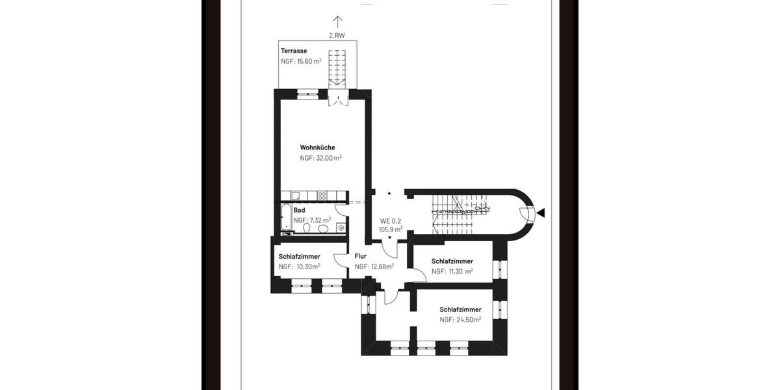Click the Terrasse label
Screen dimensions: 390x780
coord(294,51)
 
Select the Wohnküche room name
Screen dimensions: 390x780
coord(317,148)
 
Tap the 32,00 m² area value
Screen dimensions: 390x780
coord(329,158)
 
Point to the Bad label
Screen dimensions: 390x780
coord(300,210)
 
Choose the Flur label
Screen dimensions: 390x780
coord(361,255)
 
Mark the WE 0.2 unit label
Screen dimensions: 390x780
coord(391,220)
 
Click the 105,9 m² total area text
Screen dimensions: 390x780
coord(391,229)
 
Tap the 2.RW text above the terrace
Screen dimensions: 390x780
coord(337,36)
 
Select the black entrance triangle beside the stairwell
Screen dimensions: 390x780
coord(541,213)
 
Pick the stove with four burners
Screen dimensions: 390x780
coord(322,196)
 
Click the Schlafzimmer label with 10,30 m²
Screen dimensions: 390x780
coord(299,256)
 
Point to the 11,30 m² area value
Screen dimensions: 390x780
coord(461,271)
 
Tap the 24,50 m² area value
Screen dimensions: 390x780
coord(469,320)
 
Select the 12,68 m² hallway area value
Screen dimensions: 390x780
coord(382,266)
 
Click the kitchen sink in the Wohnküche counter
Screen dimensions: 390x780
coord(296,196)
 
